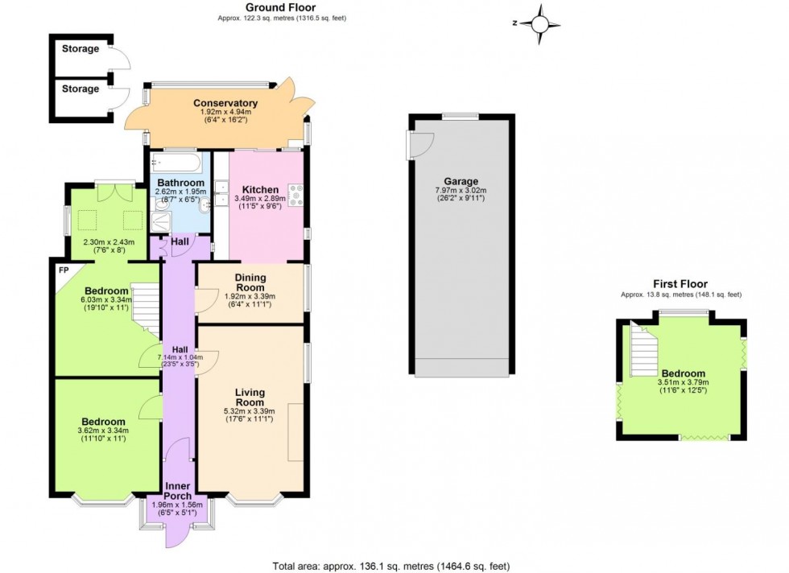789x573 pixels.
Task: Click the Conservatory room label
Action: pos(225,103)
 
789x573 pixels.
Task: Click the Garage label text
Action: pos(461,181)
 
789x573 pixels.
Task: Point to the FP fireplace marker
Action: pos(63,270)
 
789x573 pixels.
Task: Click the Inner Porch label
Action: pos(178,491)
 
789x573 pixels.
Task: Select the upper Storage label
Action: pos(81,49)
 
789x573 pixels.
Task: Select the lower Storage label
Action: pos(81,89)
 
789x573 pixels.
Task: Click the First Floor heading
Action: pos(680,284)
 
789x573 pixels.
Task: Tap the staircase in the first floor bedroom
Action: pos(643,352)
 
